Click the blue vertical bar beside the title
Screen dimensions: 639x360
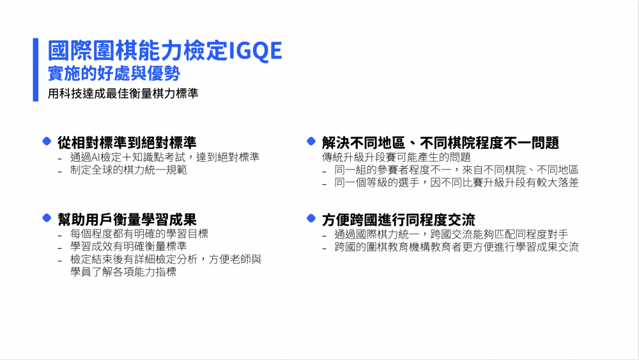click(35, 70)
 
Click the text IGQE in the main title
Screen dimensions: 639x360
click(255, 51)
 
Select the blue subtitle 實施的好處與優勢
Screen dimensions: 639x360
click(114, 74)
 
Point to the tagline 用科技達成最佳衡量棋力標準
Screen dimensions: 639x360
click(123, 93)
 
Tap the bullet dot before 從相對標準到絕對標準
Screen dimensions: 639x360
click(47, 141)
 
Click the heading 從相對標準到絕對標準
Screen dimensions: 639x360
click(127, 143)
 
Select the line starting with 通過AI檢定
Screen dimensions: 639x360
click(165, 157)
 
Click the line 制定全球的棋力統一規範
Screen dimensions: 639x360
click(128, 170)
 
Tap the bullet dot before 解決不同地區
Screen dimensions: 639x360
click(311, 141)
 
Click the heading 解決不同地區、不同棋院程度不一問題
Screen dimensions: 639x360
click(440, 143)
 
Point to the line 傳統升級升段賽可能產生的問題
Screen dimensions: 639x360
click(396, 157)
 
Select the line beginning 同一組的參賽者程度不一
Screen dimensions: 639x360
click(456, 170)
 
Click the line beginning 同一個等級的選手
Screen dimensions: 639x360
click(456, 183)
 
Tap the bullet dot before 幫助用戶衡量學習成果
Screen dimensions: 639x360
click(47, 218)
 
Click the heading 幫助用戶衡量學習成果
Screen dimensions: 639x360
click(127, 220)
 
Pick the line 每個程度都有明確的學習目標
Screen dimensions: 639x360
click(139, 234)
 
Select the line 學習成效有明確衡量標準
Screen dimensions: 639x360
click(128, 246)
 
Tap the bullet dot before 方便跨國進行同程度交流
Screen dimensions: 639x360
click(311, 218)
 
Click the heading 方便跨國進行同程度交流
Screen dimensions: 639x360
click(399, 220)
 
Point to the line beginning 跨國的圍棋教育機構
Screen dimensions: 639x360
click(456, 247)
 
